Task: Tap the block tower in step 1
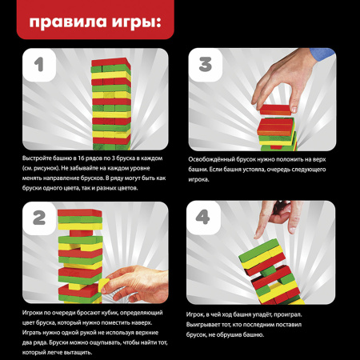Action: coord(111,104)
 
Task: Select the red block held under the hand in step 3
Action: coord(274,110)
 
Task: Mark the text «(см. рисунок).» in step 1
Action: coord(40,169)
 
